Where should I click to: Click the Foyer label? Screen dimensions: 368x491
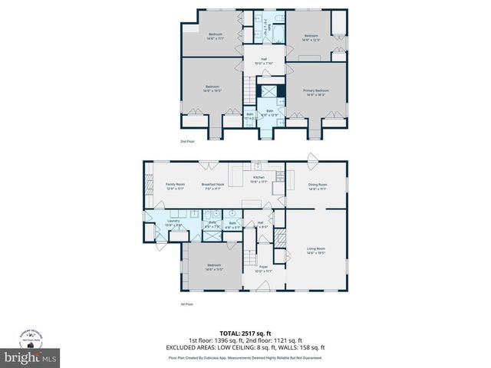click(263, 268)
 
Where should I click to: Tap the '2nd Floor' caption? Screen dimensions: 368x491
click(188, 142)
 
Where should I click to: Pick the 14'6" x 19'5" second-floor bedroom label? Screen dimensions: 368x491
click(213, 90)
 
